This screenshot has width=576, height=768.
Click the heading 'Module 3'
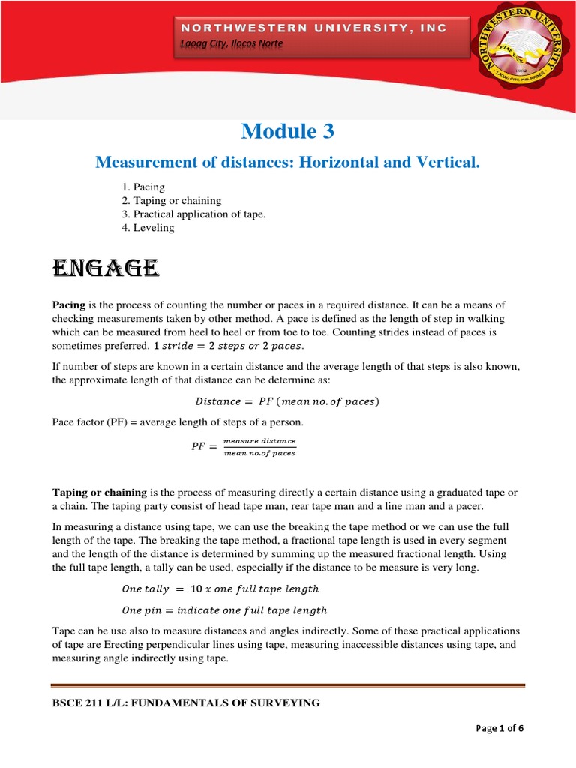click(287, 131)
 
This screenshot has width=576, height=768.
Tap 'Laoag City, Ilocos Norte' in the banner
click(232, 44)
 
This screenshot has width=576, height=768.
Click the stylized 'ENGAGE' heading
click(105, 267)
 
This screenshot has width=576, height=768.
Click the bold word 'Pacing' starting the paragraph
click(68, 304)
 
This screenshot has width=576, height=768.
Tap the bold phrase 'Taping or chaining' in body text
click(99, 493)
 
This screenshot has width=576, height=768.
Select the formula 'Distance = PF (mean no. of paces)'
click(287, 401)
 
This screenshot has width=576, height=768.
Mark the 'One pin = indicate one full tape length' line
click(224, 610)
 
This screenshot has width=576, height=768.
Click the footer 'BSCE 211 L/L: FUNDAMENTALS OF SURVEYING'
click(186, 703)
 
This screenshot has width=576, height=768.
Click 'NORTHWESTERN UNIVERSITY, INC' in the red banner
click(313, 28)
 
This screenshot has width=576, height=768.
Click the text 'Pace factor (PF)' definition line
click(177, 422)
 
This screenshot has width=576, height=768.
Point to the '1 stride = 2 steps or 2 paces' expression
click(229, 345)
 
